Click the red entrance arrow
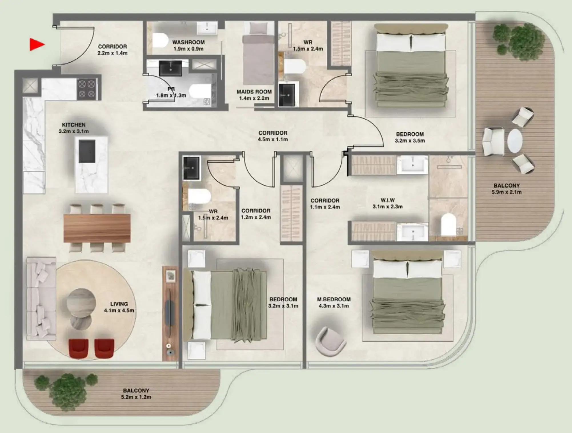[37, 45]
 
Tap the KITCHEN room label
[74, 125]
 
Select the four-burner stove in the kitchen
[87, 89]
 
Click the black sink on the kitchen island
[87, 151]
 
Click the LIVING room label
[119, 304]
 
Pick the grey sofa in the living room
[41, 298]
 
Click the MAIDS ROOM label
[254, 92]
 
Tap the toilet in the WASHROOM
[160, 41]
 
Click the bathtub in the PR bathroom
[200, 91]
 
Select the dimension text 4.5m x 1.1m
[273, 139]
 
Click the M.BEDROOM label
[334, 300]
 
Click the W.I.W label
[388, 200]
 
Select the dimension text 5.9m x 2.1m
[506, 192]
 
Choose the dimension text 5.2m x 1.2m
[136, 397]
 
